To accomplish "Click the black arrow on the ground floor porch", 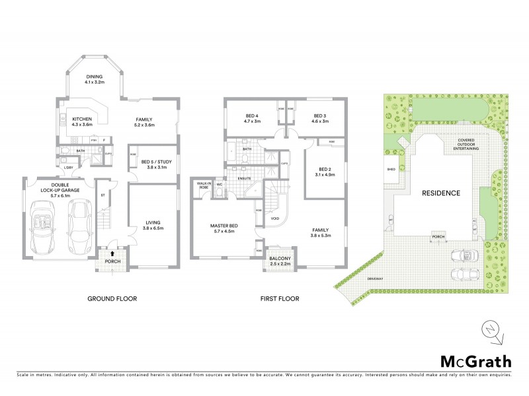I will click(112, 253).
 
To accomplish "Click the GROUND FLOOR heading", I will click(112, 299).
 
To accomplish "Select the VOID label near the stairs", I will click(275, 218).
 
